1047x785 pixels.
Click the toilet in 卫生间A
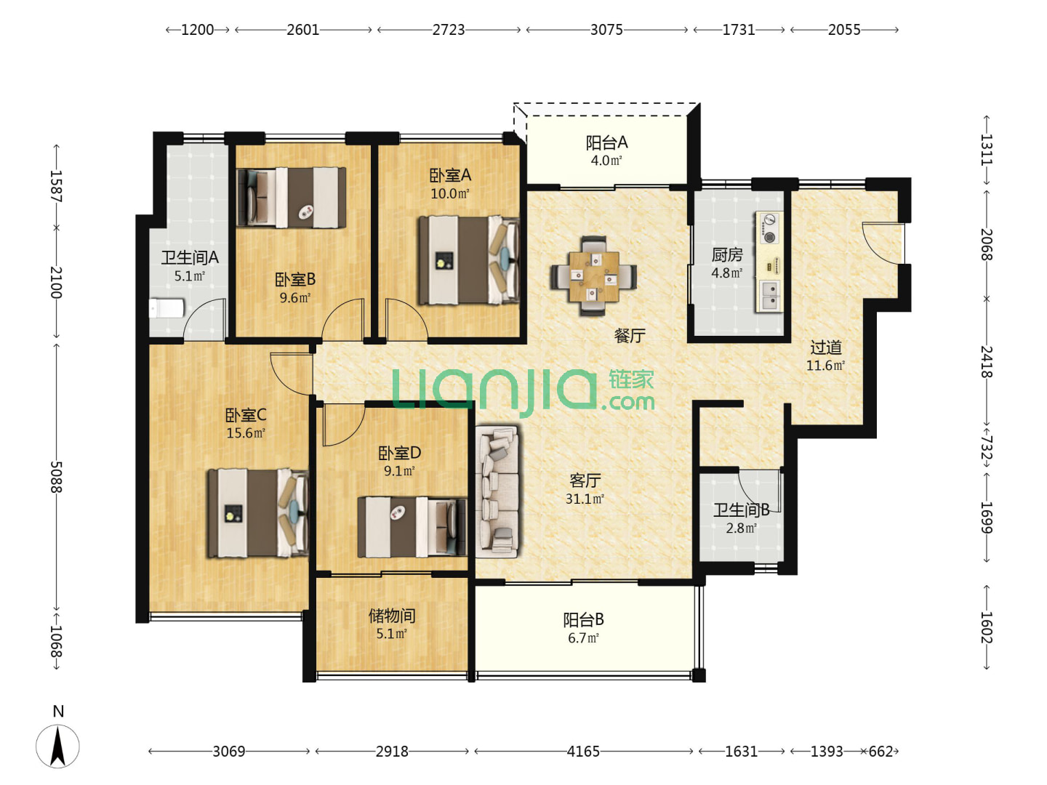[x=167, y=308]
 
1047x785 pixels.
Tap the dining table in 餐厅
[x=594, y=276]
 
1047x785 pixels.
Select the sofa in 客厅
[x=497, y=491]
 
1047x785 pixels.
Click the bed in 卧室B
[x=292, y=197]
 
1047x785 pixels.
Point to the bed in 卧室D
[x=412, y=527]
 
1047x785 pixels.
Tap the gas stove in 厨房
[x=769, y=228]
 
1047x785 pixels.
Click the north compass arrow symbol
[x=57, y=746]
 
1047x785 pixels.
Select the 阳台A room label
[x=606, y=142]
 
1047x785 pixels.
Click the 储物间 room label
[x=392, y=616]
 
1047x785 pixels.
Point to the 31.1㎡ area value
[x=585, y=499]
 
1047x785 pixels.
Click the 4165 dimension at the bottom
[x=583, y=751]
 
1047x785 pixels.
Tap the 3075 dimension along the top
[x=606, y=30]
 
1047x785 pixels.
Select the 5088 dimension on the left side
[x=56, y=477]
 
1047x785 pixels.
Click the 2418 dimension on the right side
[x=987, y=362]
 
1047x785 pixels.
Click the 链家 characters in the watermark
[x=632, y=380]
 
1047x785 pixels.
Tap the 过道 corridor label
[x=826, y=347]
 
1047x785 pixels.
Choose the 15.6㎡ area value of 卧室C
[x=246, y=432]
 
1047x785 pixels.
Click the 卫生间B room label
[x=741, y=510]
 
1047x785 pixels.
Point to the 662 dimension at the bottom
[x=880, y=751]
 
